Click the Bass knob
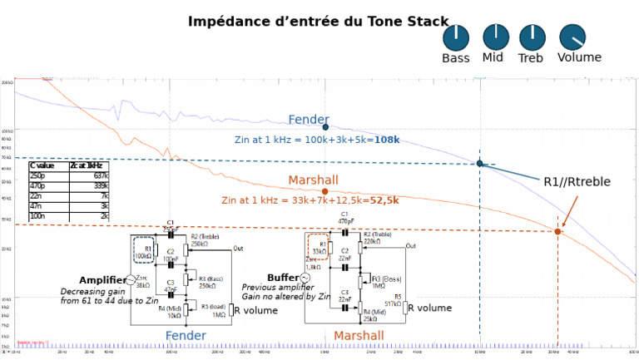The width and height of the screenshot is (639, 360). coord(456,37)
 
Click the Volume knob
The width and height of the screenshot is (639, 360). coord(572,37)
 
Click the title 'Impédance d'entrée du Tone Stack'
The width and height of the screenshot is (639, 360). coord(318,21)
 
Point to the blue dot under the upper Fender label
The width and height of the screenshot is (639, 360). coord(325,127)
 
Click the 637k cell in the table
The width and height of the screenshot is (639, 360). coord(100,175)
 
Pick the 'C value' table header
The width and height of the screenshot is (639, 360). coord(42,165)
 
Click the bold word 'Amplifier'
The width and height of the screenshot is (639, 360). coord(102,280)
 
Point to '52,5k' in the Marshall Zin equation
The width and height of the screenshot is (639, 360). coord(384,200)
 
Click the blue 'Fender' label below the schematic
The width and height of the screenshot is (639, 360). coord(186,335)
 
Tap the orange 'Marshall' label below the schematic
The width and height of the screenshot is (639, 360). coord(359,336)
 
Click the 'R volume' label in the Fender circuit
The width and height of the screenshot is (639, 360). coord(256,310)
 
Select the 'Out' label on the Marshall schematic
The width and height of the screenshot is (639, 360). coord(410,246)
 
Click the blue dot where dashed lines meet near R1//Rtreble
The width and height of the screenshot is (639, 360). coord(480,163)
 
